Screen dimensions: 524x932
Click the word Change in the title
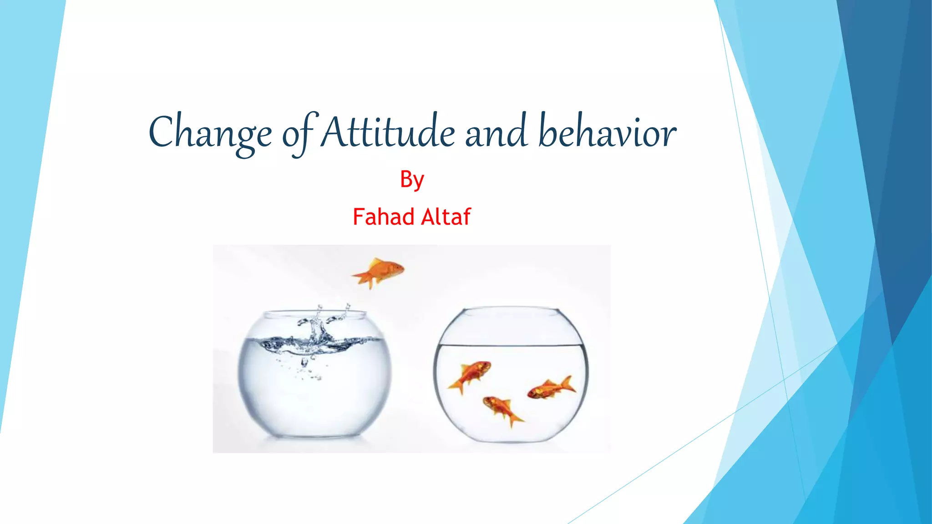pos(210,133)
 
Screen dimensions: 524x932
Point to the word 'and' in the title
pos(496,133)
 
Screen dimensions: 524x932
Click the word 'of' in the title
pos(299,134)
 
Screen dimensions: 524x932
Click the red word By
pos(412,180)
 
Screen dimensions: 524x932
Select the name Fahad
pos(383,217)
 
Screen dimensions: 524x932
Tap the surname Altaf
pos(446,217)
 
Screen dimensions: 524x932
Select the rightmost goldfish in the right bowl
pos(551,388)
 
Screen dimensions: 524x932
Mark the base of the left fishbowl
pos(314,436)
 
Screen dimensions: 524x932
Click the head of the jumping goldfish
pos(396,268)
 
